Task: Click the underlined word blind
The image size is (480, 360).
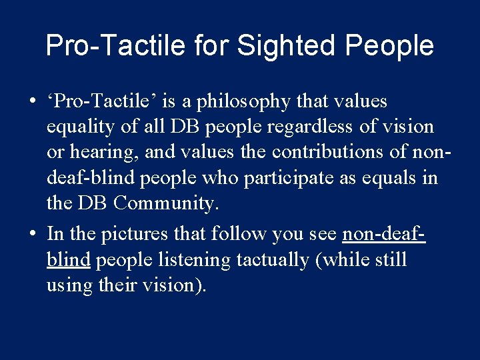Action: [68, 259]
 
